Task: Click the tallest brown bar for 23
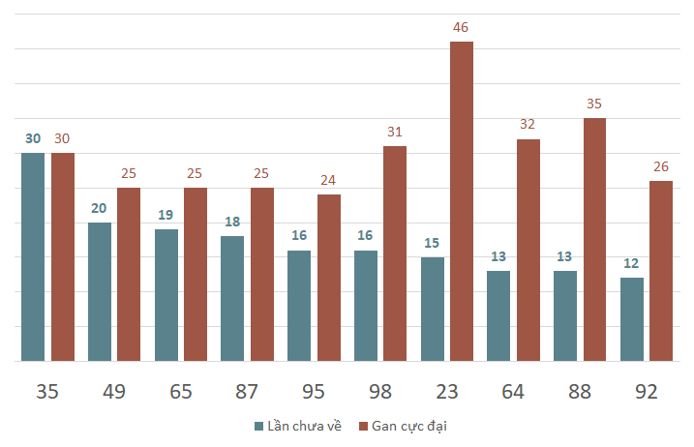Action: (x=462, y=201)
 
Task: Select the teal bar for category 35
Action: (x=33, y=256)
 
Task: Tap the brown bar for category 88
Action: (x=594, y=239)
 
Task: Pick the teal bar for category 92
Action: (x=632, y=319)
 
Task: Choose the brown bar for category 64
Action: (x=528, y=250)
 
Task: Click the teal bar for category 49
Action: (x=100, y=291)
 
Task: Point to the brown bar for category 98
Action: (x=395, y=253)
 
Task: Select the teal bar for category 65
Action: (x=166, y=295)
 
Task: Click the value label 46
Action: (x=461, y=27)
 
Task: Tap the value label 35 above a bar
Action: (x=594, y=104)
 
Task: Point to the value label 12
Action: (x=632, y=263)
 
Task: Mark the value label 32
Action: (x=528, y=124)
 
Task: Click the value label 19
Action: (x=166, y=215)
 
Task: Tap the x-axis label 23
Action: (x=446, y=392)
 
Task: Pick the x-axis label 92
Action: (x=646, y=392)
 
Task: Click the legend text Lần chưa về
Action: (x=304, y=426)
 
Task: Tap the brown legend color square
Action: (x=363, y=426)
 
